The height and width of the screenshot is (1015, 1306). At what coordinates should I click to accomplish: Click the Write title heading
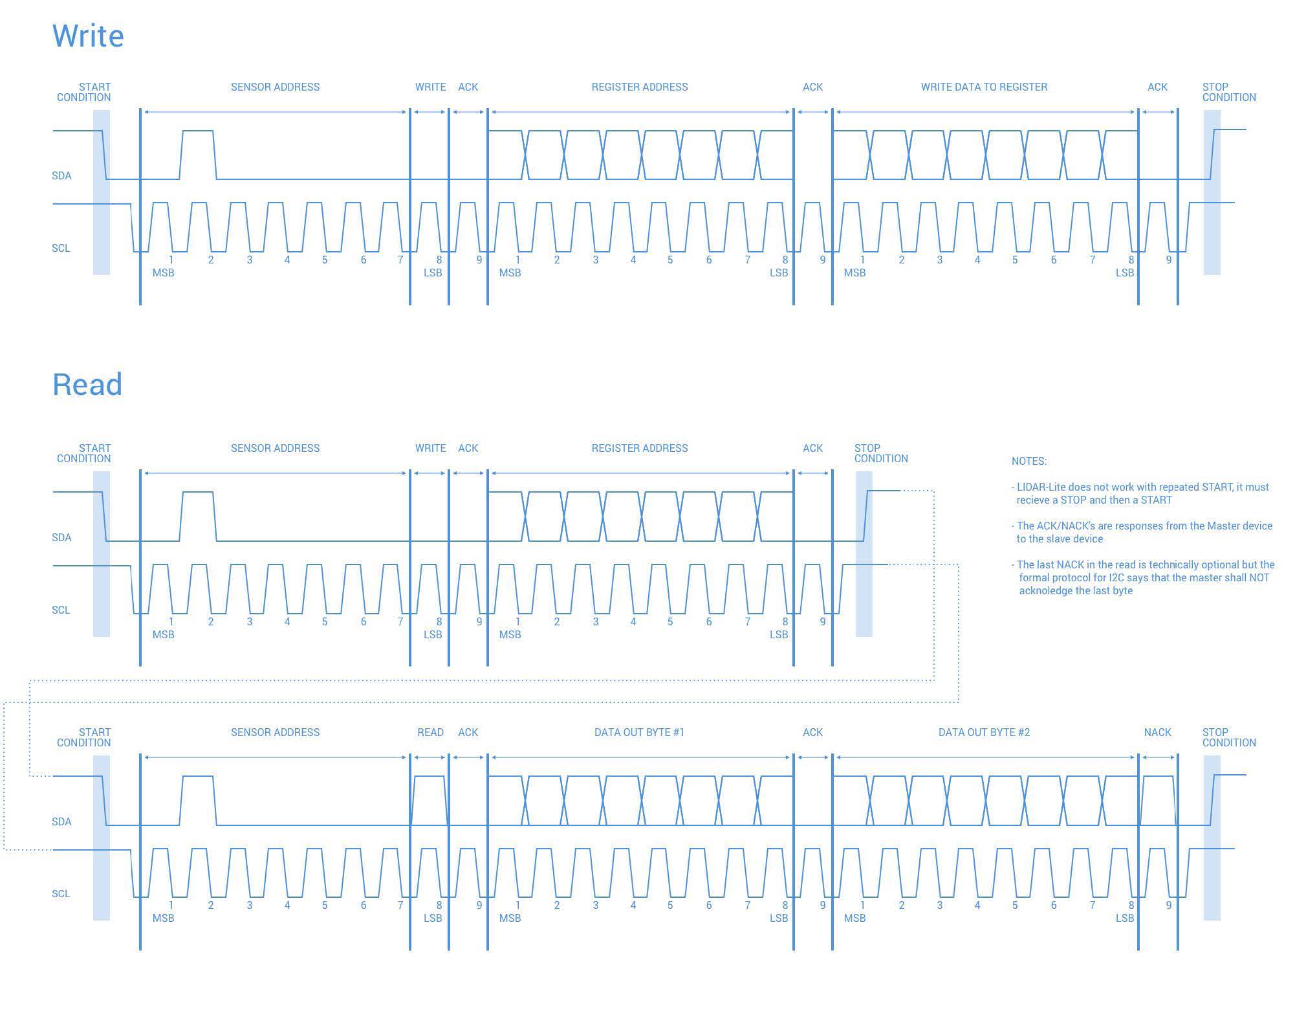(88, 36)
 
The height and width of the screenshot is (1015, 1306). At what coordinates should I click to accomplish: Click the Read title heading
(87, 385)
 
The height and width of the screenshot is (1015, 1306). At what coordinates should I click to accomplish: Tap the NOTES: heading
(1028, 461)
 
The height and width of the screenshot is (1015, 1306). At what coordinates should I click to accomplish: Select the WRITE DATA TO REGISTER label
(984, 87)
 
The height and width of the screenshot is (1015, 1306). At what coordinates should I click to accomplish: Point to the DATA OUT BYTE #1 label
(639, 732)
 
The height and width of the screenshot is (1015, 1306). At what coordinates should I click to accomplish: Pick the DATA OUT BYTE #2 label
(984, 732)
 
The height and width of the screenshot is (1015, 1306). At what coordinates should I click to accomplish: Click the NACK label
(1157, 732)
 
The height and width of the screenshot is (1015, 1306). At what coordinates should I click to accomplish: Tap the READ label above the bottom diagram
(430, 732)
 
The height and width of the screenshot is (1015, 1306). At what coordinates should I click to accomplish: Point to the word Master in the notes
(1223, 526)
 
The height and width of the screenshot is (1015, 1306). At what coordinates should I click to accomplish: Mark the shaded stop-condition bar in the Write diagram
(1212, 192)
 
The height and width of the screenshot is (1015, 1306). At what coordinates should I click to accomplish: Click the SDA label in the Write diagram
(61, 175)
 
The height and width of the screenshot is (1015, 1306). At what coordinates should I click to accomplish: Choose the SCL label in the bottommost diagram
(61, 893)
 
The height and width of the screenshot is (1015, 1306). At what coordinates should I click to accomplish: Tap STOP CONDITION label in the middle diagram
(880, 453)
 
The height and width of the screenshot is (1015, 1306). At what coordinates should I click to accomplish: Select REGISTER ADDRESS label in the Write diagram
(639, 87)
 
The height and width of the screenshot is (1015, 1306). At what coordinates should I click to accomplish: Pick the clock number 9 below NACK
(1168, 905)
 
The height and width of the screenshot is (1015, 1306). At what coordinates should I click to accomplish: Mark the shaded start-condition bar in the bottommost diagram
(102, 838)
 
